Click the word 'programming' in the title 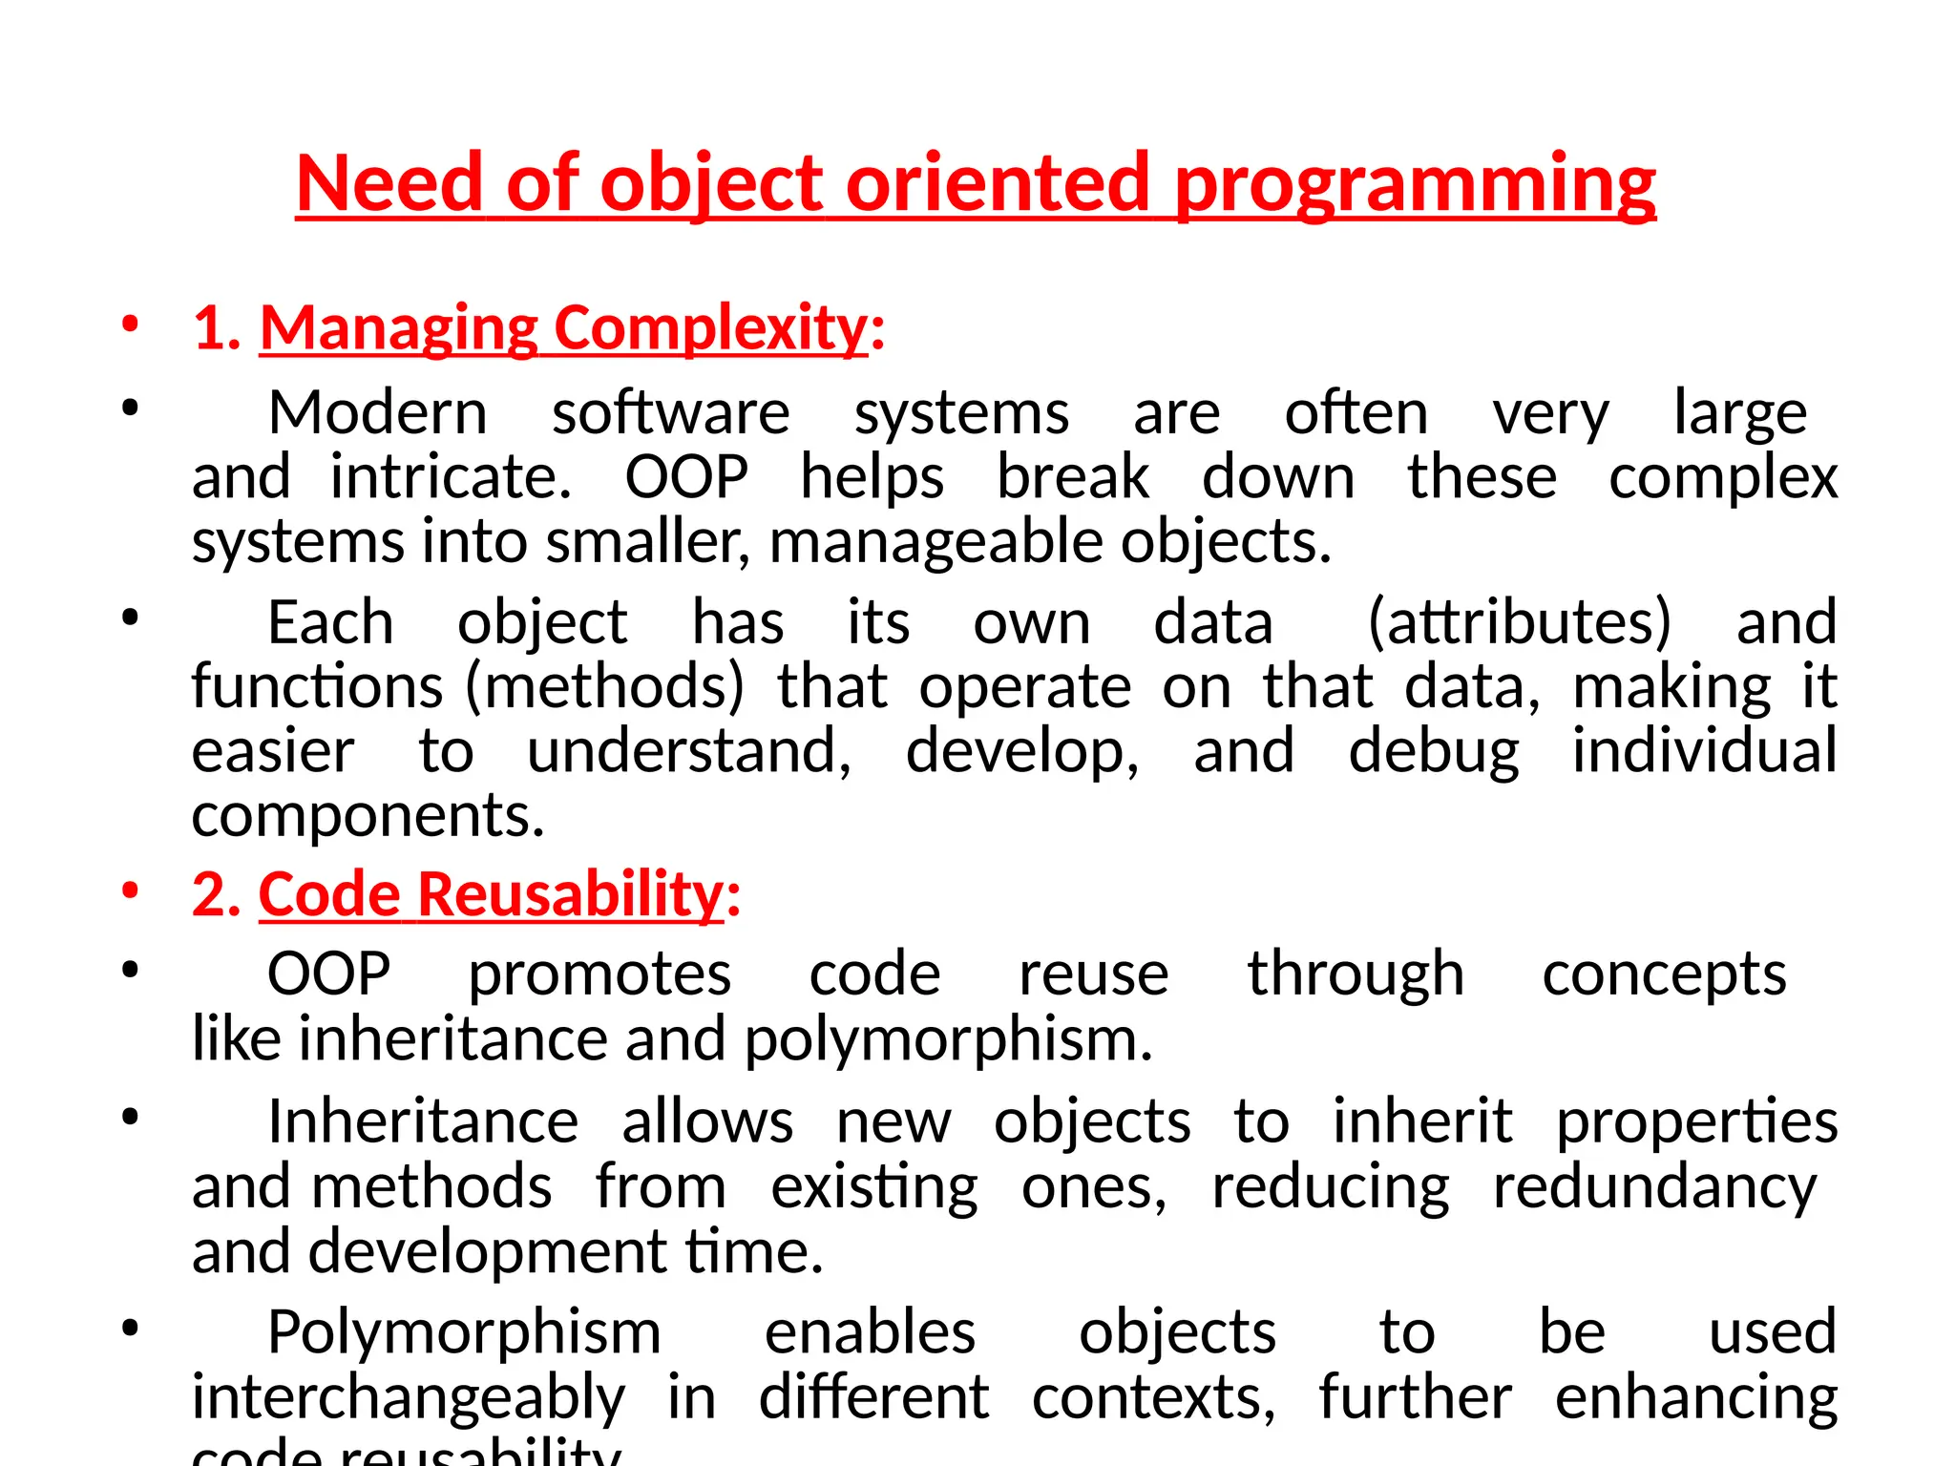pyautogui.click(x=1415, y=183)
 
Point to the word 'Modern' pyautogui.click(x=378, y=413)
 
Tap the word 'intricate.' pyautogui.click(x=451, y=477)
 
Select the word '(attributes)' pyautogui.click(x=1520, y=622)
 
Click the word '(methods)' pyautogui.click(x=604, y=686)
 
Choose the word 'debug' pyautogui.click(x=1433, y=751)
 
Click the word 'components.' pyautogui.click(x=368, y=816)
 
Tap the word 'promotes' pyautogui.click(x=599, y=974)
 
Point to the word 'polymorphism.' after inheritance pyautogui.click(x=948, y=1039)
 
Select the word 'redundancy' pyautogui.click(x=1654, y=1187)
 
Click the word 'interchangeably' pyautogui.click(x=409, y=1398)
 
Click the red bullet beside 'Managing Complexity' pyautogui.click(x=130, y=325)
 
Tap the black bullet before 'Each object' pyautogui.click(x=130, y=618)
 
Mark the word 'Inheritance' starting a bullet pyautogui.click(x=423, y=1121)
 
